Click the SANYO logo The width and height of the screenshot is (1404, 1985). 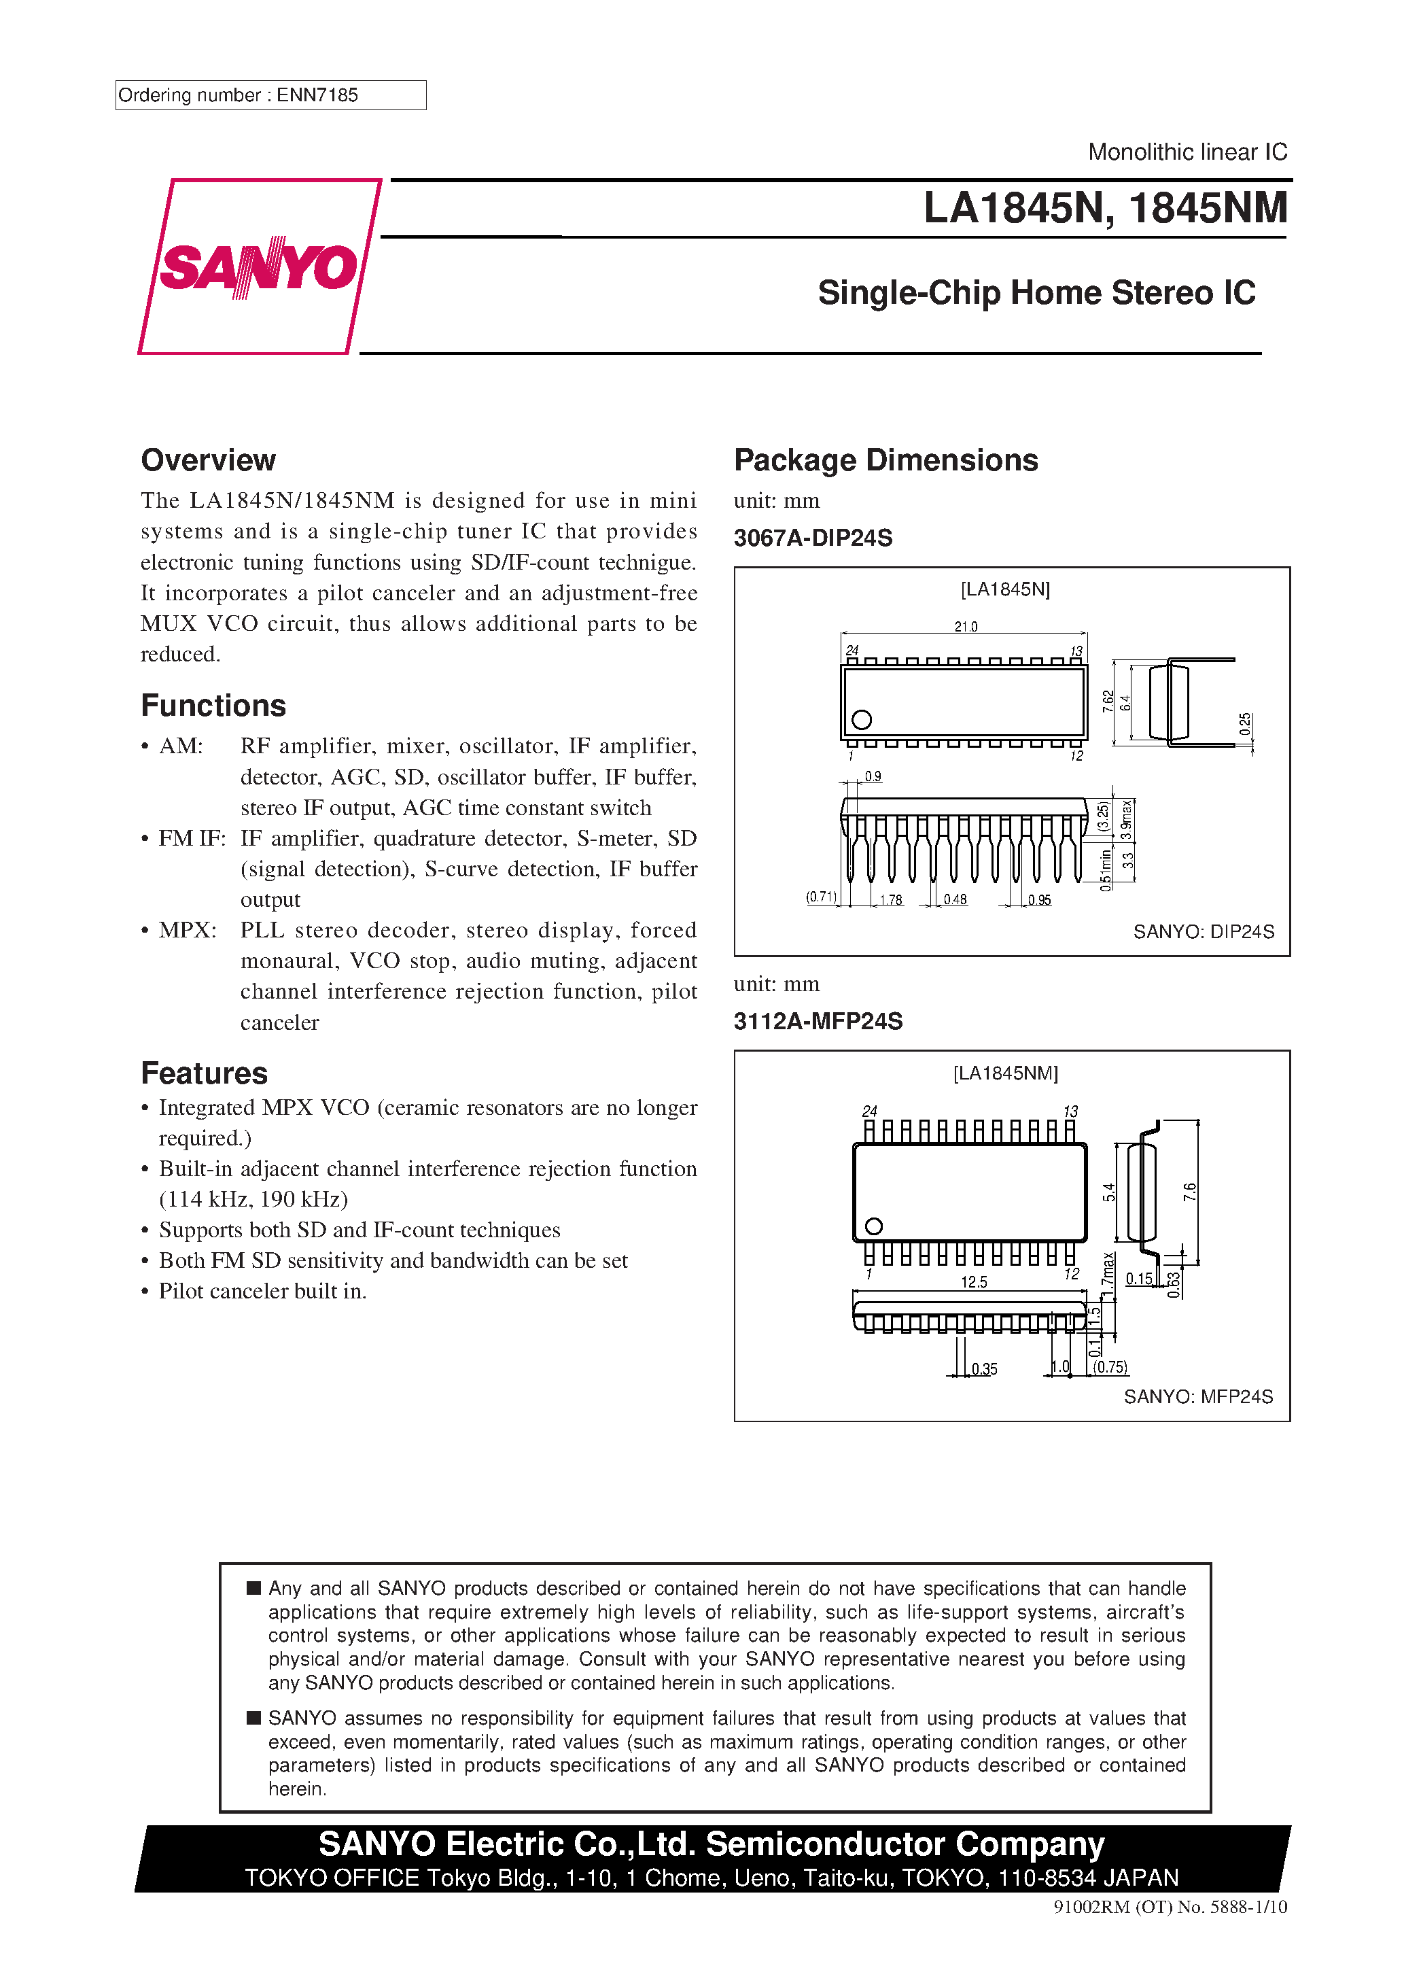click(258, 266)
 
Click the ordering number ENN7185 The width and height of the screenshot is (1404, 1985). click(317, 95)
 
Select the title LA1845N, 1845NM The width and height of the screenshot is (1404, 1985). click(1105, 208)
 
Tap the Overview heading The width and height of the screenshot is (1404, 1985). click(209, 460)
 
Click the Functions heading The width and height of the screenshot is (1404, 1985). click(213, 706)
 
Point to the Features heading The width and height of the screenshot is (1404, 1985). click(204, 1073)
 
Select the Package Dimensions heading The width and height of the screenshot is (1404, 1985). click(885, 460)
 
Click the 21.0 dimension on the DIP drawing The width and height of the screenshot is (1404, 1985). click(966, 626)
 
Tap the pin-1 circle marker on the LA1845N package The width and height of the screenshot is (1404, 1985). click(861, 719)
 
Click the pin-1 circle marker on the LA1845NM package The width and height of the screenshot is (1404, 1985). click(873, 1226)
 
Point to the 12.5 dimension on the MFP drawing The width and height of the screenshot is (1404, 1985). click(973, 1282)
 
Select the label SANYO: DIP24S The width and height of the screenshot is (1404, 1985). click(1204, 931)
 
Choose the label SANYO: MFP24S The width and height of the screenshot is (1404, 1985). click(1198, 1396)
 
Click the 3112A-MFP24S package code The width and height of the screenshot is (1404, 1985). click(818, 1021)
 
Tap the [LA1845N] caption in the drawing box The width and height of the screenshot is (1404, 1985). click(1004, 589)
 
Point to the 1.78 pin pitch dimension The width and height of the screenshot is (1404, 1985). click(890, 900)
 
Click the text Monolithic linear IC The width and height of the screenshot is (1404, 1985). click(1187, 152)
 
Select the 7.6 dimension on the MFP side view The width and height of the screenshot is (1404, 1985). click(1190, 1192)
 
